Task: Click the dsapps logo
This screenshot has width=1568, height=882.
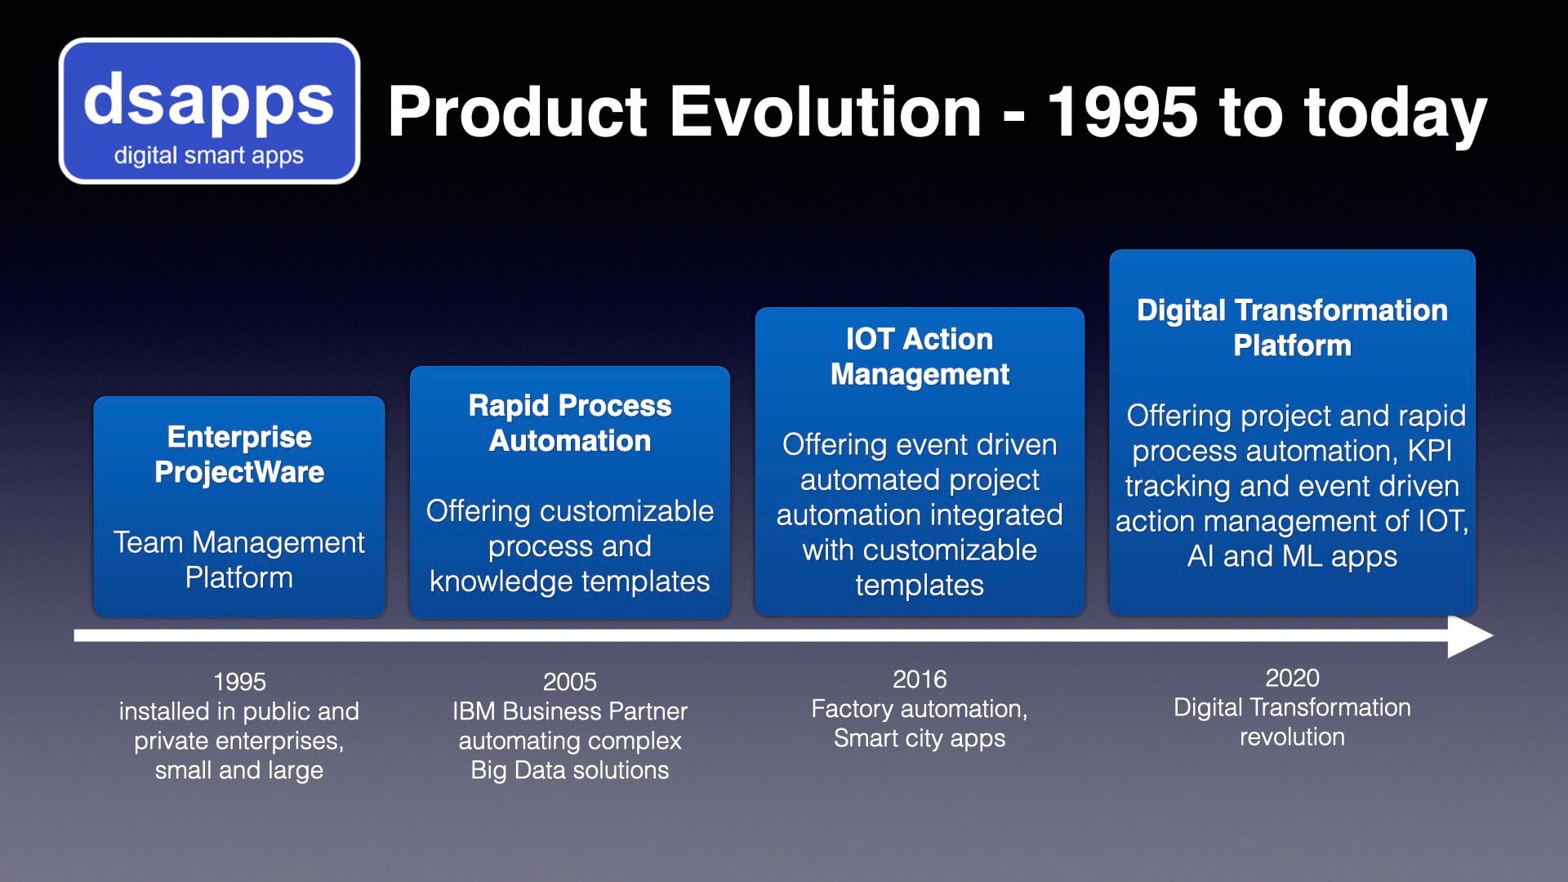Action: pos(209,110)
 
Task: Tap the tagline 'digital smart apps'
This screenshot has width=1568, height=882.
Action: pos(209,155)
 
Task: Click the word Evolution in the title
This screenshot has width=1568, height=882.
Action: pos(825,112)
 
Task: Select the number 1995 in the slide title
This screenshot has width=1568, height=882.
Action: pos(1123,112)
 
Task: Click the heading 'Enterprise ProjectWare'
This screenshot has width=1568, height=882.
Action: pos(239,454)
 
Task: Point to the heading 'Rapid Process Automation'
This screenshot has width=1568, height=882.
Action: pos(570,423)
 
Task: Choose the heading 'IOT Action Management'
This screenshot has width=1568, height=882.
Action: pos(920,356)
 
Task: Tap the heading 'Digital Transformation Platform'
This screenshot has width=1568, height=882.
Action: pos(1292,327)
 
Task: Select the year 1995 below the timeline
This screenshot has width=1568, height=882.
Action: pos(239,682)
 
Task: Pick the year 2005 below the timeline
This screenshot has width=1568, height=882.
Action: pos(570,682)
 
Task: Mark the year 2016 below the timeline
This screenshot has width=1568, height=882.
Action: pos(920,679)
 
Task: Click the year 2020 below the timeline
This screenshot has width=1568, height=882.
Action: pos(1292,678)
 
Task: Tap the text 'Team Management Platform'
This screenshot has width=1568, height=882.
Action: pos(239,559)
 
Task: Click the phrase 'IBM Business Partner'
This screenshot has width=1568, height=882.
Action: pos(570,711)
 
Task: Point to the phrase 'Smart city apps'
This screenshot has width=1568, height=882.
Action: pos(920,738)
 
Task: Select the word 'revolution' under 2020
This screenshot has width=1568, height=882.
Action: pos(1292,737)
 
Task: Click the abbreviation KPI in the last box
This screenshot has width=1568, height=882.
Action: pos(1430,451)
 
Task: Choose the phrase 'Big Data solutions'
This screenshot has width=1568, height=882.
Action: pos(570,770)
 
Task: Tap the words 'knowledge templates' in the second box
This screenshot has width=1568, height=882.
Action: pos(570,581)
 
